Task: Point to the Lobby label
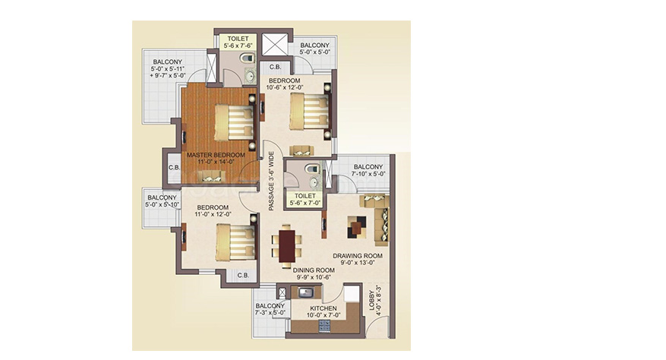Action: [371, 301]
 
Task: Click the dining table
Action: [287, 245]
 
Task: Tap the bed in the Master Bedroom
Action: [235, 122]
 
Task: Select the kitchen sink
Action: [306, 293]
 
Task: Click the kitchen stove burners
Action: [324, 326]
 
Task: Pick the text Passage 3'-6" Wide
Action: [271, 181]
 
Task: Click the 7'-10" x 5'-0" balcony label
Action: [368, 170]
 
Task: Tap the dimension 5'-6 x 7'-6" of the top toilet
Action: [238, 46]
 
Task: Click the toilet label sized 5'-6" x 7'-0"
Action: [305, 199]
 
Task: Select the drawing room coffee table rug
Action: [357, 227]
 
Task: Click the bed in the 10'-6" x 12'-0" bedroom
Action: [310, 112]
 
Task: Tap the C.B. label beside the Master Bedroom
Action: [174, 167]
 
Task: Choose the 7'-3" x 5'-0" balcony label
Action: [270, 309]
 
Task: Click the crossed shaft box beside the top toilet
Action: [275, 44]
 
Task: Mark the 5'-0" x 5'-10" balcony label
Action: [162, 201]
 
